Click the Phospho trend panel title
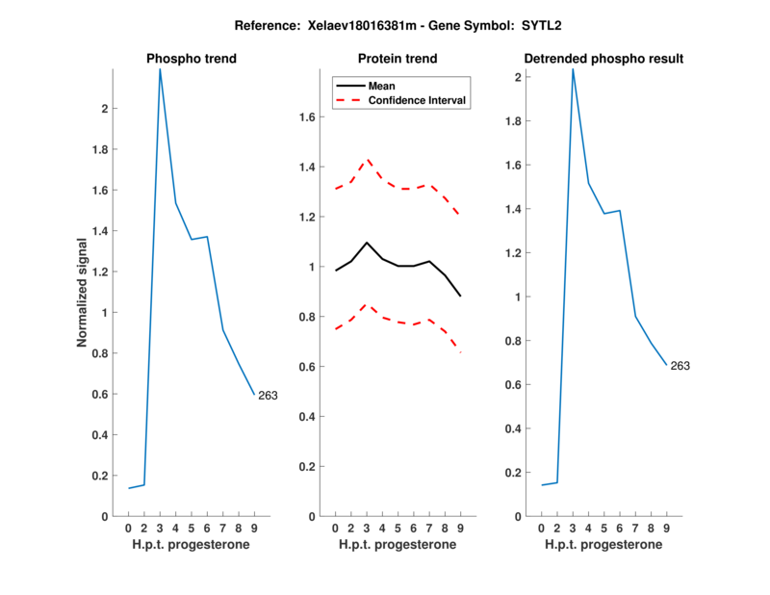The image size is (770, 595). [191, 60]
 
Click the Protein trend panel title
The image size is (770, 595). [397, 60]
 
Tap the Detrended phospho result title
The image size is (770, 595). [603, 60]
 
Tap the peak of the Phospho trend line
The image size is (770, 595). [160, 69]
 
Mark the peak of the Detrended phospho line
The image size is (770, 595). [573, 69]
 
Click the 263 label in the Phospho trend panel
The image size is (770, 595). [268, 396]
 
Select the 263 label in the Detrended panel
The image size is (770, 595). [680, 366]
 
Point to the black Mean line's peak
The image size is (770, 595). [367, 243]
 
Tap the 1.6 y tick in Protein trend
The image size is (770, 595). [305, 117]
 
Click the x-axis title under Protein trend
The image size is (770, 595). [397, 545]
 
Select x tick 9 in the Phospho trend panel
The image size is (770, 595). [254, 529]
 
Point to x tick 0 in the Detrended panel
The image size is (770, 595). [541, 529]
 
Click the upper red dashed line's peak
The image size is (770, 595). [367, 160]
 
